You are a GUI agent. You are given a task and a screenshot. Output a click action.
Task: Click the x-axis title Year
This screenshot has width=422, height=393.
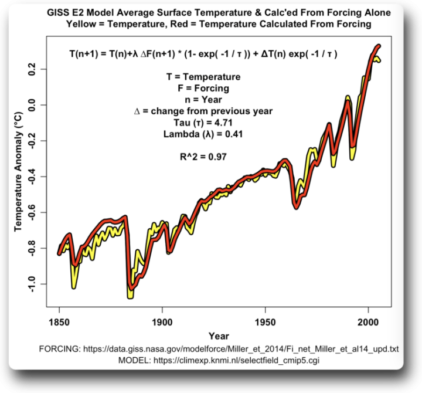218,336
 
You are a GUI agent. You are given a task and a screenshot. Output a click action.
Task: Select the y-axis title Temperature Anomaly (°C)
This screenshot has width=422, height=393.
18,176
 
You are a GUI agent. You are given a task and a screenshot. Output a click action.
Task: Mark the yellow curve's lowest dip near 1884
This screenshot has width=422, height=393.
130,296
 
